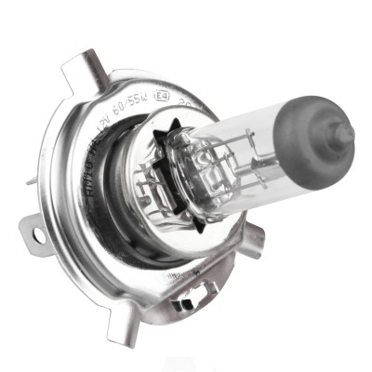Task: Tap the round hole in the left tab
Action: pyautogui.click(x=38, y=235)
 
